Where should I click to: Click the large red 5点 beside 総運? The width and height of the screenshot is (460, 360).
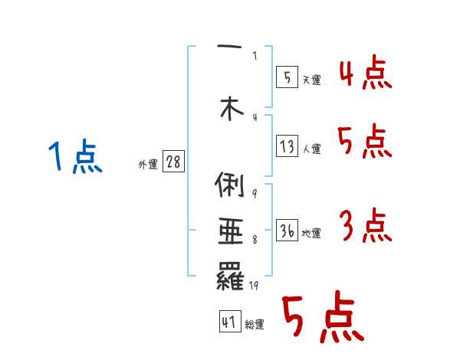coord(321,318)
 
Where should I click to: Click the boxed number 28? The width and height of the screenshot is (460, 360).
coord(173,162)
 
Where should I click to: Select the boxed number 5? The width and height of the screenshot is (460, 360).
coord(286,77)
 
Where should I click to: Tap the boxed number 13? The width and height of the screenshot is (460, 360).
coord(286,146)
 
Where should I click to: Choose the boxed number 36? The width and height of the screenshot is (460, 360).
coord(286,231)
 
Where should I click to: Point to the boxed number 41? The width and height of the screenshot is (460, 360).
coord(228,322)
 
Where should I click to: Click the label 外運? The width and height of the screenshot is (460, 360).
coord(148,165)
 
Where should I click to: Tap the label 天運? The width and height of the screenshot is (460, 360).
coord(311,80)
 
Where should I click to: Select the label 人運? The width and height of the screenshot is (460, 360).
coord(311,149)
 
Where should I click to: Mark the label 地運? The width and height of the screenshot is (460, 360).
coord(311,234)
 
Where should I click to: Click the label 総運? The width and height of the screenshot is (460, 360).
coord(255,325)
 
